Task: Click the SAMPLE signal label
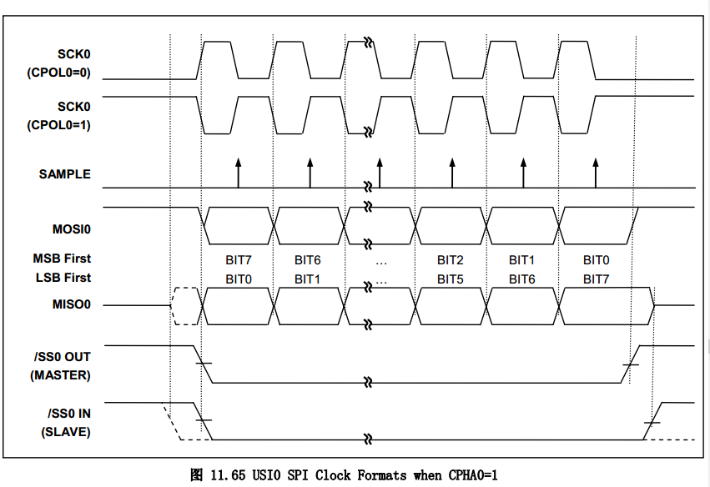pyautogui.click(x=64, y=174)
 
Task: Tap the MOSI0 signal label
pyautogui.click(x=71, y=228)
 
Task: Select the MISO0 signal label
pyautogui.click(x=71, y=304)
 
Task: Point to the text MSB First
pyautogui.click(x=62, y=259)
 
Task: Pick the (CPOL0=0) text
pyautogui.click(x=59, y=73)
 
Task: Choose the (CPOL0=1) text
pyautogui.click(x=59, y=126)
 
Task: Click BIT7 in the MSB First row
pyautogui.click(x=238, y=260)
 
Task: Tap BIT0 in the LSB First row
pyautogui.click(x=238, y=279)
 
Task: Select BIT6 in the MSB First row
pyautogui.click(x=308, y=260)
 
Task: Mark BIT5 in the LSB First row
pyautogui.click(x=451, y=279)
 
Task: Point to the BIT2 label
pyautogui.click(x=451, y=260)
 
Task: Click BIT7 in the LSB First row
pyautogui.click(x=596, y=279)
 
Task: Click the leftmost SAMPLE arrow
pyautogui.click(x=238, y=171)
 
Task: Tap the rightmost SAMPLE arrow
pyautogui.click(x=595, y=171)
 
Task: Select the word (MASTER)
pyautogui.click(x=60, y=374)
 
